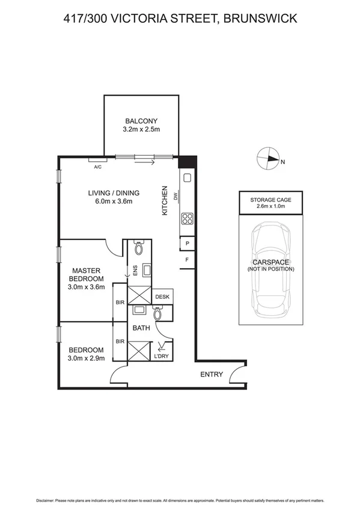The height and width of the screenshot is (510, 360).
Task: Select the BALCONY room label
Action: coord(141,120)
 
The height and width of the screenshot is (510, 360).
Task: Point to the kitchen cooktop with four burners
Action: coord(187,219)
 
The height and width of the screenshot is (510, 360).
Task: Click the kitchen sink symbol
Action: coord(187,177)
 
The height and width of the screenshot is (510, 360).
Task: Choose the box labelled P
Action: coord(188,244)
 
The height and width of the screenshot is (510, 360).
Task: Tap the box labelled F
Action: coord(188,260)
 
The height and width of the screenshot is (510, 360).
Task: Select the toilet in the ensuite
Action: coord(139,248)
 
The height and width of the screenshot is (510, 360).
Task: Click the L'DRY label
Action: coord(161,356)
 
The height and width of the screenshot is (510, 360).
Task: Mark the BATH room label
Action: coord(141,328)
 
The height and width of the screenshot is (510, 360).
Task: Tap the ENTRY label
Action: coord(212,375)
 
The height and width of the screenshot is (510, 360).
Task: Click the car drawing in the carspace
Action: coord(270,271)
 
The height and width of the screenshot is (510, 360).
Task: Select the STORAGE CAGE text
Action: coord(270,200)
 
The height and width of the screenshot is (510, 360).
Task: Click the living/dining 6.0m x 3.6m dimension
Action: coord(114,201)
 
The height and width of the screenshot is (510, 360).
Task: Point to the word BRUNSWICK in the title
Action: coord(260,19)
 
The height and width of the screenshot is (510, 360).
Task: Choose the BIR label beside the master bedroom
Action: coord(120,302)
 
